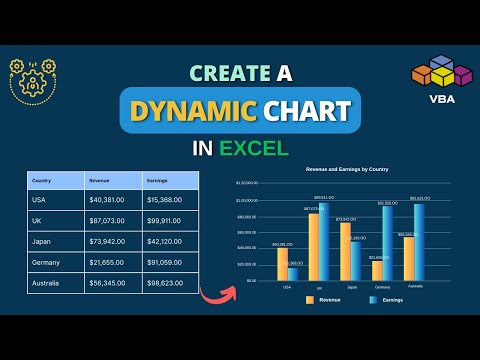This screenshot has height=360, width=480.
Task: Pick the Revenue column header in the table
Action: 99,181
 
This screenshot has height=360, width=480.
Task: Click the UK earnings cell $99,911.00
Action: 164,218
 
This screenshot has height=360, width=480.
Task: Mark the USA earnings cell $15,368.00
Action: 164,197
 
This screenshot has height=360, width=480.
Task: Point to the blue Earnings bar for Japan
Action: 355,260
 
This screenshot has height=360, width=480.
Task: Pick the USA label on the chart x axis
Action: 288,287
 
